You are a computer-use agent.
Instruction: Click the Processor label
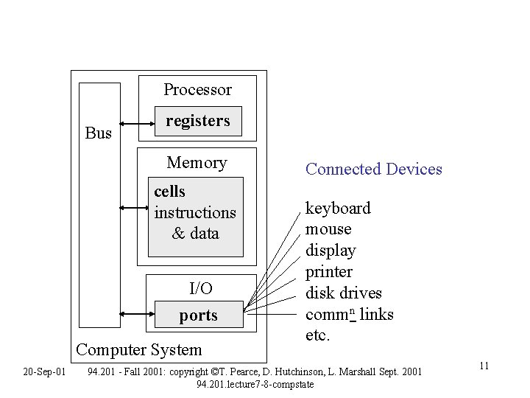[x=197, y=90]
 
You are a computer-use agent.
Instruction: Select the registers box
[x=197, y=122]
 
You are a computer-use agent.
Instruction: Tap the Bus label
[x=98, y=133]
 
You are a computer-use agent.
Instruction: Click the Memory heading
[x=197, y=163]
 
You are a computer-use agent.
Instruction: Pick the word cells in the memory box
[x=169, y=192]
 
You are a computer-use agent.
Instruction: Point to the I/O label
[x=200, y=288]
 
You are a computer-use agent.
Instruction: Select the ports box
[x=198, y=315]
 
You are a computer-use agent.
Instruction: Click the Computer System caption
[x=138, y=349]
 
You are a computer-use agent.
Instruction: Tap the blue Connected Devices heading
[x=373, y=170]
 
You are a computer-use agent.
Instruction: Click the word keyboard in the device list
[x=338, y=209]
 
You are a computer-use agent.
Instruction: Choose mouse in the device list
[x=328, y=229]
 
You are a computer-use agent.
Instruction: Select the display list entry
[x=331, y=251]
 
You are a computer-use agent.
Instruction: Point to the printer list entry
[x=329, y=272]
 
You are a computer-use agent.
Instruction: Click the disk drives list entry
[x=343, y=293]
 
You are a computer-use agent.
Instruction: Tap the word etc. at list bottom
[x=318, y=335]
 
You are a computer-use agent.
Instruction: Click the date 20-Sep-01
[x=44, y=371]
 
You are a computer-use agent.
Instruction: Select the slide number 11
[x=484, y=367]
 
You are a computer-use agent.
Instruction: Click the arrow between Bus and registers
[x=137, y=122]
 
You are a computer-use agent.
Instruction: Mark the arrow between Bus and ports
[x=137, y=314]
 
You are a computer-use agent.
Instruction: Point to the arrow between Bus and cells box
[x=133, y=209]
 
